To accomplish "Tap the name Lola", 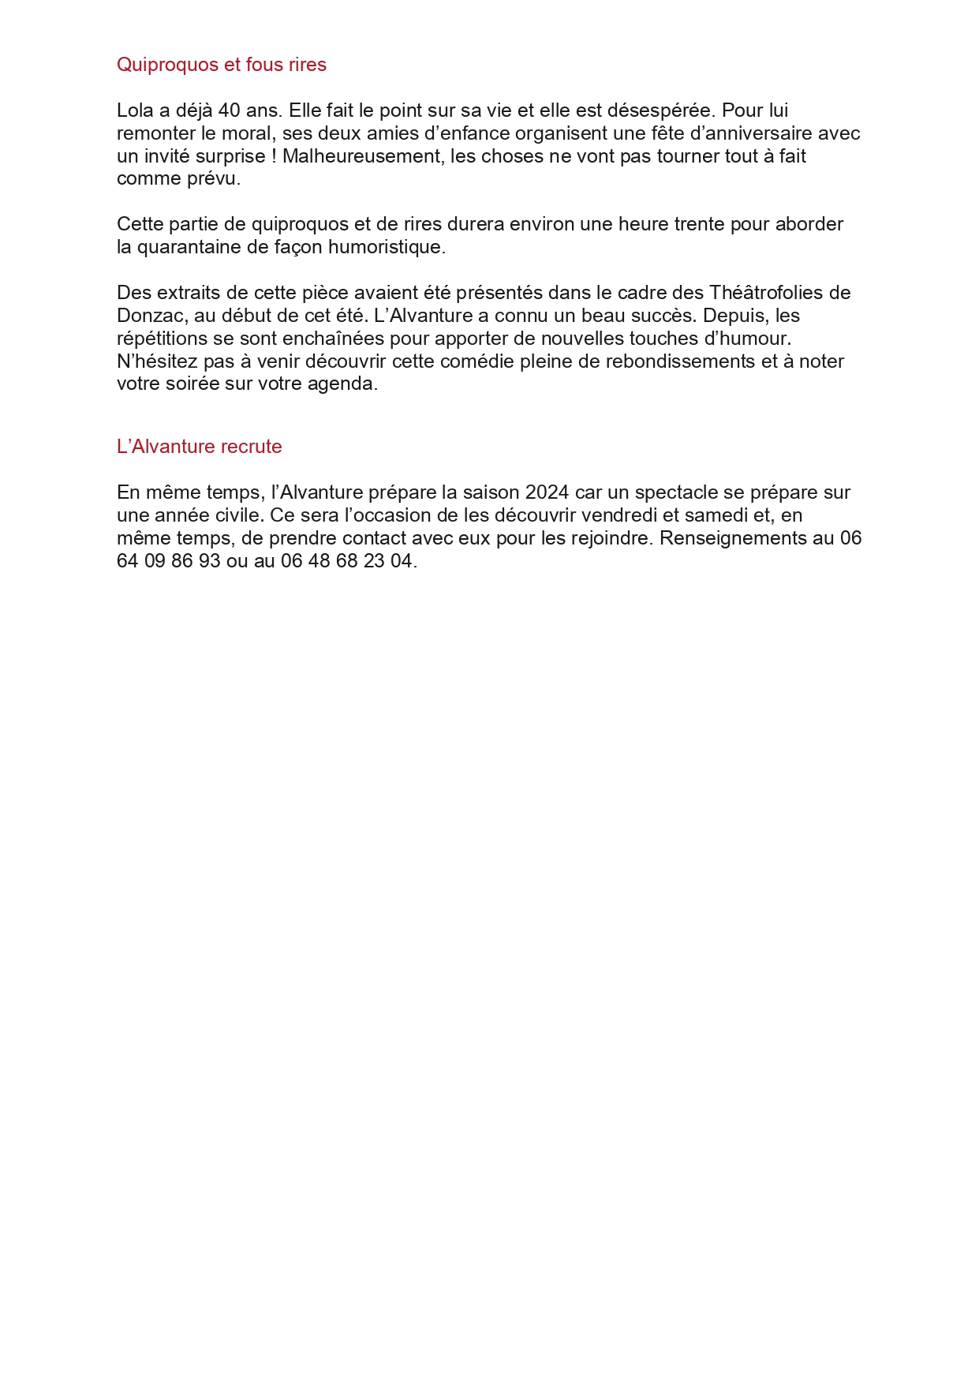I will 135,110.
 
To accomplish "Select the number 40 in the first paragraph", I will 229,110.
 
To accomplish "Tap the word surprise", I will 229,156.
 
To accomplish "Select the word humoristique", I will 387,247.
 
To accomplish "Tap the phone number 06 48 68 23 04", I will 346,561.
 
